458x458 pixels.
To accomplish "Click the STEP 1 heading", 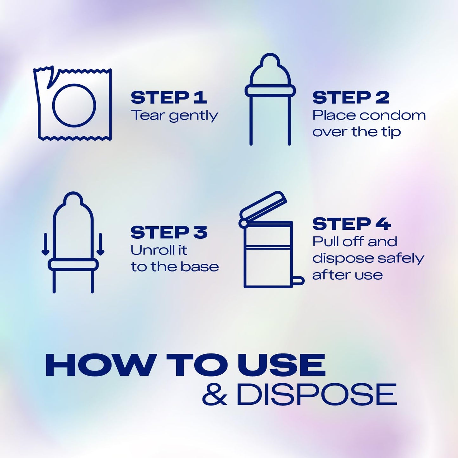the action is (169, 97).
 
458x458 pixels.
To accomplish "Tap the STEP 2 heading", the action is (351, 97).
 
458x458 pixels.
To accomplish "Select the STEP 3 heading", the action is (169, 232).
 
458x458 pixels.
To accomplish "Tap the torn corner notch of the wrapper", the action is (50, 78).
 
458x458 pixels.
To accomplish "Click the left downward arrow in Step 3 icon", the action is (45, 244).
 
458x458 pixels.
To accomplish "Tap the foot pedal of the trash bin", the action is (299, 281).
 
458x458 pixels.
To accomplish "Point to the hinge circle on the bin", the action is (243, 223).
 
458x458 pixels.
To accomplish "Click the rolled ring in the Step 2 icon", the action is (270, 91).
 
